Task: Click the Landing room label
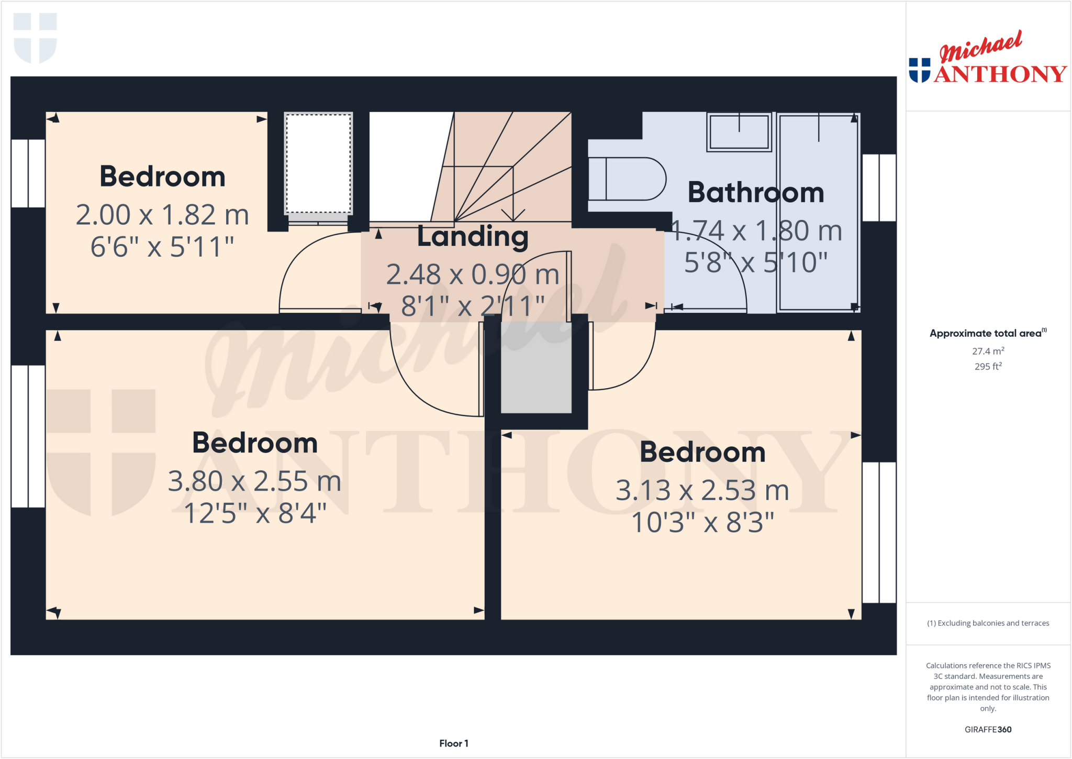pos(472,236)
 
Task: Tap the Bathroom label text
pos(755,192)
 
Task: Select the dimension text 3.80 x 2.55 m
pos(254,481)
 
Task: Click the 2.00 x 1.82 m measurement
pos(162,215)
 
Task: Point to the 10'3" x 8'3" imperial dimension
pos(702,522)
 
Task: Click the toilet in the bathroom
pos(626,179)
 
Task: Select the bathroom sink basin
pos(739,132)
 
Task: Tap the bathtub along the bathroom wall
pos(818,212)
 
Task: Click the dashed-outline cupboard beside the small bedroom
pos(318,163)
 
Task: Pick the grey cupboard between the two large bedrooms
pos(536,368)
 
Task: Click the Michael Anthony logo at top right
pos(987,59)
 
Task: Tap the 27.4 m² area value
pos(988,351)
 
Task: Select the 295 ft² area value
pos(988,366)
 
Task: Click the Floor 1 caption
pos(453,743)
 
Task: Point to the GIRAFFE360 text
pos(988,729)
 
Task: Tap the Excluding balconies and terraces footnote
pos(988,623)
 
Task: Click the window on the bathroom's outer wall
pos(879,188)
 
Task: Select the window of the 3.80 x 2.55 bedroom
pos(28,436)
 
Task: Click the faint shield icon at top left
pos(35,38)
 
